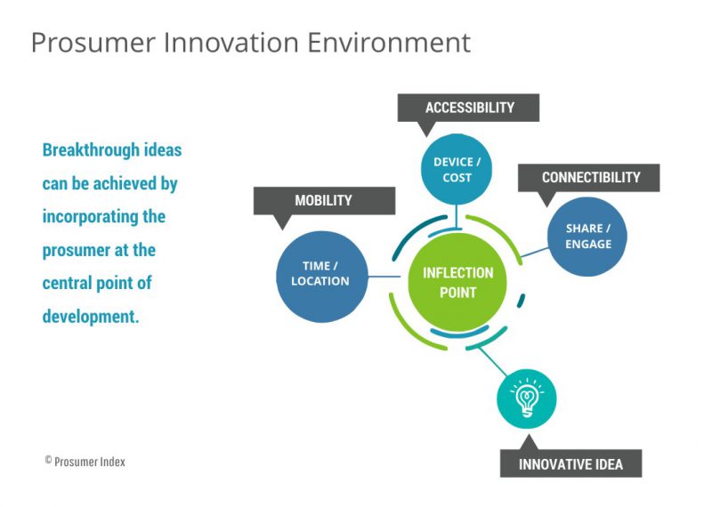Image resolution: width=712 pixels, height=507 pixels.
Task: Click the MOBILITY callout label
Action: tap(324, 200)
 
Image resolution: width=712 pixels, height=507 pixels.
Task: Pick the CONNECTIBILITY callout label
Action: tap(590, 177)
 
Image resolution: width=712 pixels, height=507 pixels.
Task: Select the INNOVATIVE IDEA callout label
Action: tap(570, 463)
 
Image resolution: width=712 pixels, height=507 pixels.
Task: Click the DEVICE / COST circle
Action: tap(457, 170)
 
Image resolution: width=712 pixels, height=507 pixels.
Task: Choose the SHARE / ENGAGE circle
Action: tap(588, 237)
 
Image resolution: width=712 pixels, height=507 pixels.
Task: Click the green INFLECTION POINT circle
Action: tap(457, 283)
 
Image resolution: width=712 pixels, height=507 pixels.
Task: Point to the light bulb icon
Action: tap(526, 396)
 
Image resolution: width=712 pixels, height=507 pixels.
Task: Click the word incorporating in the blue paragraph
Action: tap(89, 216)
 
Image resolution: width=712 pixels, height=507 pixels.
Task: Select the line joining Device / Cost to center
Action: tap(457, 213)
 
